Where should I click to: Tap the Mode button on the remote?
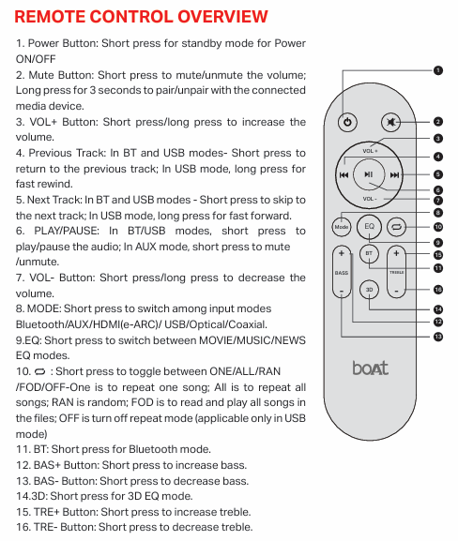342,227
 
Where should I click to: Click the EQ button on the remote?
370,227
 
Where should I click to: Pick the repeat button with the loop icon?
397,227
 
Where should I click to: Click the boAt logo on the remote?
370,368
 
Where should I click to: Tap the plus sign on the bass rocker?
342,254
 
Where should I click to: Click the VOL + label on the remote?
370,151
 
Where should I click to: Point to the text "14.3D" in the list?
32,496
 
